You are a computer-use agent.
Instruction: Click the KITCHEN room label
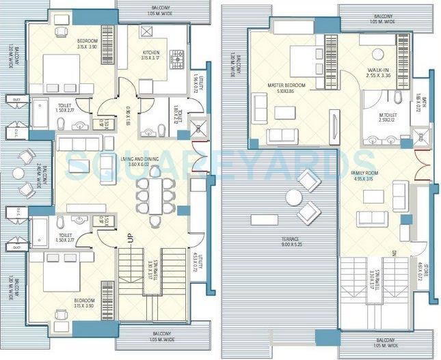pos(151,52)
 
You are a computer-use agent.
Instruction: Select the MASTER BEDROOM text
pos(286,85)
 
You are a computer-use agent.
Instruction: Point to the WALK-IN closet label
pos(378,70)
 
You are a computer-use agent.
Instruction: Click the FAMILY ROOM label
pos(381,174)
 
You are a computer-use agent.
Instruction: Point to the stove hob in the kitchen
pos(177,57)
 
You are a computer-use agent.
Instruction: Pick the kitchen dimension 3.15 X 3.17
pos(151,58)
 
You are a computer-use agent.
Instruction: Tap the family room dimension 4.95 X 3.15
pos(381,180)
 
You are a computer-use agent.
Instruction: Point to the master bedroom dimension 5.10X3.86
pos(286,91)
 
